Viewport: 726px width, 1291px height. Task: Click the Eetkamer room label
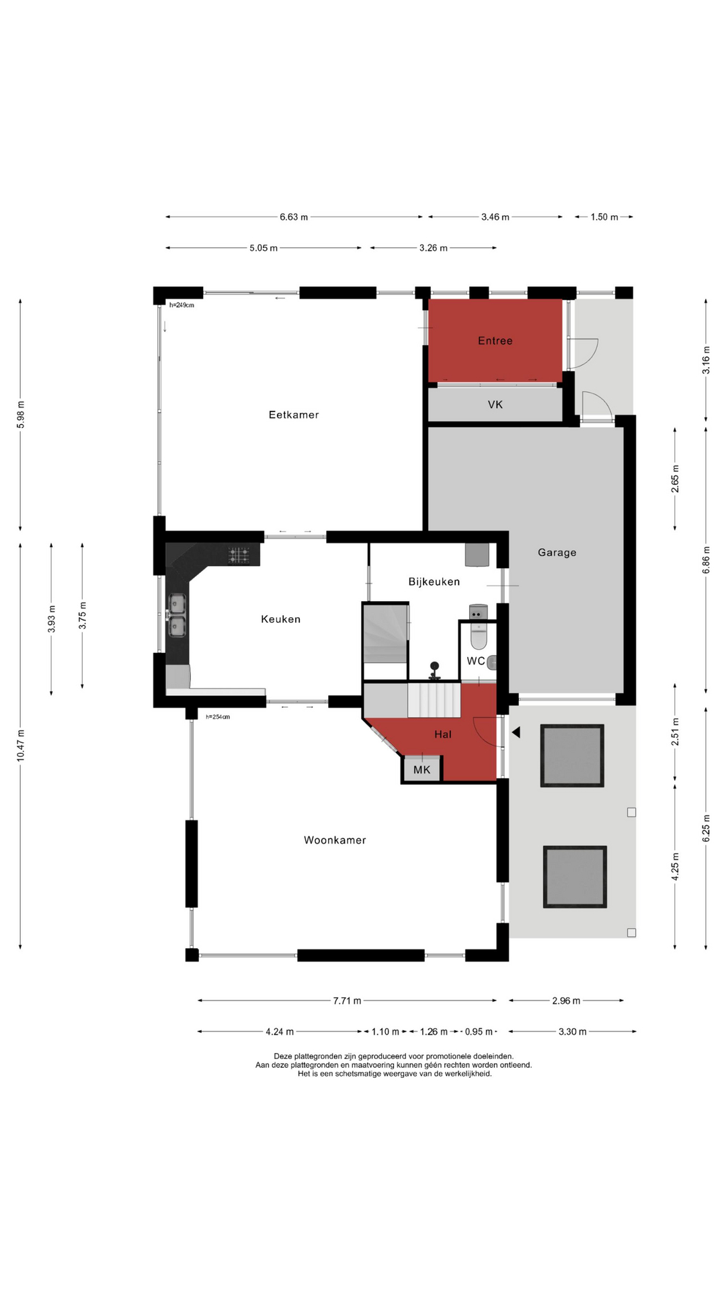294,415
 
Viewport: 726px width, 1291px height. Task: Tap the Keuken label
281,619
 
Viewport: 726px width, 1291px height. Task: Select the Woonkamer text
335,840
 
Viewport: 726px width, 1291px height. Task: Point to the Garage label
557,553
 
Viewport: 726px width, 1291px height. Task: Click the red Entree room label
495,341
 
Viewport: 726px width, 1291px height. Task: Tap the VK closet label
495,405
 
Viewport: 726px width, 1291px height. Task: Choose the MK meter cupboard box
421,769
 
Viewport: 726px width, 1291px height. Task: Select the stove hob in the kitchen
239,555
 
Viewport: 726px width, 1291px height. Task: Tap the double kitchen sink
177,615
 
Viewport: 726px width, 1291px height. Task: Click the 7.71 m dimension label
347,1001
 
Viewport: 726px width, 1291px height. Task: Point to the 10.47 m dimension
20,745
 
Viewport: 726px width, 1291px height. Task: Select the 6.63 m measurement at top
294,217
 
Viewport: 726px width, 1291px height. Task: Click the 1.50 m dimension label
604,217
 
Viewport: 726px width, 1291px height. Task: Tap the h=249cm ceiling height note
182,305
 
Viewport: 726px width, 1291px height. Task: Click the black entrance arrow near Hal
516,732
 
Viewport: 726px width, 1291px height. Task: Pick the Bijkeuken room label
434,582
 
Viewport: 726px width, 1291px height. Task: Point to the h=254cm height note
218,717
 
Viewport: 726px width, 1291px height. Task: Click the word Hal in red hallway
443,734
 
